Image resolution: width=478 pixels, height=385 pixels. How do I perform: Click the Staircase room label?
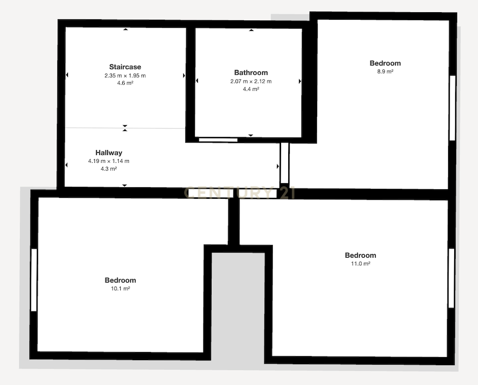tap(125, 67)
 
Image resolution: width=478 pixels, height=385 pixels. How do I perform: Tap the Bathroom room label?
tap(251, 73)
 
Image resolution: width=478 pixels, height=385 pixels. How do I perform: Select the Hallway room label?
tap(109, 153)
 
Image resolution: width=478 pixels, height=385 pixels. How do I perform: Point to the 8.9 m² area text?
tap(385, 72)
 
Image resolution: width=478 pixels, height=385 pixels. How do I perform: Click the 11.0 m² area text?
tap(360, 264)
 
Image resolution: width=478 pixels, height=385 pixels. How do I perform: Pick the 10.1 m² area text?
tap(120, 288)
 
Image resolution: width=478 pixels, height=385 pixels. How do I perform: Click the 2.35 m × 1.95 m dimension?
tap(125, 76)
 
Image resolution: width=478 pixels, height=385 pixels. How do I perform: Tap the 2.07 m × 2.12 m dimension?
tap(251, 81)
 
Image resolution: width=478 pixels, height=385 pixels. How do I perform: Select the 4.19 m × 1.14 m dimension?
tap(109, 161)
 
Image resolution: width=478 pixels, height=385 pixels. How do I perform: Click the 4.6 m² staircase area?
tap(125, 83)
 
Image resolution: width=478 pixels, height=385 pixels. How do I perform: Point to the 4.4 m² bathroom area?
tap(251, 89)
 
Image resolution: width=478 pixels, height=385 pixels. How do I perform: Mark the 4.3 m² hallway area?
tap(109, 168)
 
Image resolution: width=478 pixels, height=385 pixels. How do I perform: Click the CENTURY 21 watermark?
tap(240, 193)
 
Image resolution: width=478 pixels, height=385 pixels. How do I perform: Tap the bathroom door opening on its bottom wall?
tap(218, 140)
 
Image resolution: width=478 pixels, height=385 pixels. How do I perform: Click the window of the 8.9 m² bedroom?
tap(453, 108)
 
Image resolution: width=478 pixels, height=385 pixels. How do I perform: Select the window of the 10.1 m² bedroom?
tap(34, 280)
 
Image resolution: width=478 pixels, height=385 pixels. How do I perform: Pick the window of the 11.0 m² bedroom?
tap(451, 278)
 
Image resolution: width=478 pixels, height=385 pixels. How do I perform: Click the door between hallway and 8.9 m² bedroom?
tap(285, 163)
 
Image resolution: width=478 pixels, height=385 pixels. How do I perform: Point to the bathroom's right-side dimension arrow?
tap(300, 81)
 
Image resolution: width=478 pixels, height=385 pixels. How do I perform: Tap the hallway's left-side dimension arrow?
tap(66, 165)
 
